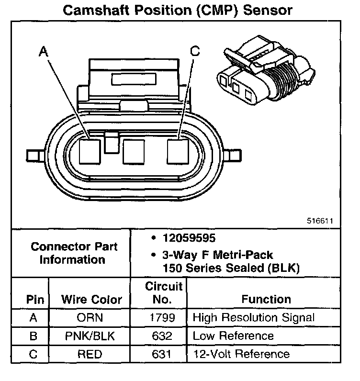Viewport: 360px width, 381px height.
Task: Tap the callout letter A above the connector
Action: [x=44, y=52]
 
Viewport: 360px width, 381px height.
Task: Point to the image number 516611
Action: [x=320, y=221]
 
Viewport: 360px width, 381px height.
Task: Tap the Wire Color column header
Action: [x=91, y=300]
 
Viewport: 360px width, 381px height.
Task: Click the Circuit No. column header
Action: [x=164, y=293]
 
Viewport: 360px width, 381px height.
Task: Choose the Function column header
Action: [x=266, y=300]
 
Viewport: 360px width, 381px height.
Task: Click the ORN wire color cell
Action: [x=90, y=317]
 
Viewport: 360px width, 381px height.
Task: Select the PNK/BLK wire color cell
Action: [x=90, y=336]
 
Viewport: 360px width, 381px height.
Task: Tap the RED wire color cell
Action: [x=90, y=355]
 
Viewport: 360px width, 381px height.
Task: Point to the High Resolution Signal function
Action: [x=254, y=317]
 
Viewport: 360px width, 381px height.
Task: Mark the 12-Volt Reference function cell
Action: [x=241, y=355]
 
